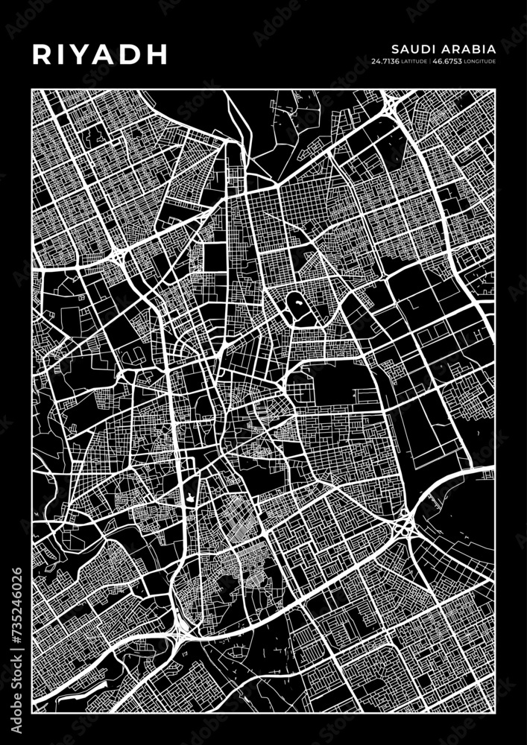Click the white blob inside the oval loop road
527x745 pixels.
(298, 304)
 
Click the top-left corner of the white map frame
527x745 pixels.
(33, 91)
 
